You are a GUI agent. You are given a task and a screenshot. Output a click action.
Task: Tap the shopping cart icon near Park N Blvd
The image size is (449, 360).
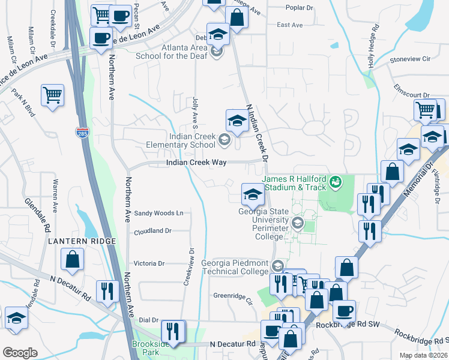click(x=53, y=95)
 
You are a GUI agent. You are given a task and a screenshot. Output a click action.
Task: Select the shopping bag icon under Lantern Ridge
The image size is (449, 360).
click(x=73, y=260)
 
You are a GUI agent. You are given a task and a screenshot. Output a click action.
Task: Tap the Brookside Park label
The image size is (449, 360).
click(x=146, y=349)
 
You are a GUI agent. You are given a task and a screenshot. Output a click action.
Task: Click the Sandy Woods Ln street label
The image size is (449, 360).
click(x=158, y=213)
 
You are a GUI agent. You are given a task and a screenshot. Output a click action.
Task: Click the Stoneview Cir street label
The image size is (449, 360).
click(x=411, y=59)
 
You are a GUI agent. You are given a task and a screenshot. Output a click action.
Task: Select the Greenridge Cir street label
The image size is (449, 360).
click(x=235, y=295)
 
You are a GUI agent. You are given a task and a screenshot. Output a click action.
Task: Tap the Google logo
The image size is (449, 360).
click(x=20, y=353)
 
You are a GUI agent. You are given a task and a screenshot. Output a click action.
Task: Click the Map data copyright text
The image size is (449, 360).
click(x=423, y=355)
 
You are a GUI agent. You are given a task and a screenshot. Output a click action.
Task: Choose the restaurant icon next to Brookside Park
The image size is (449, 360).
click(x=173, y=332)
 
